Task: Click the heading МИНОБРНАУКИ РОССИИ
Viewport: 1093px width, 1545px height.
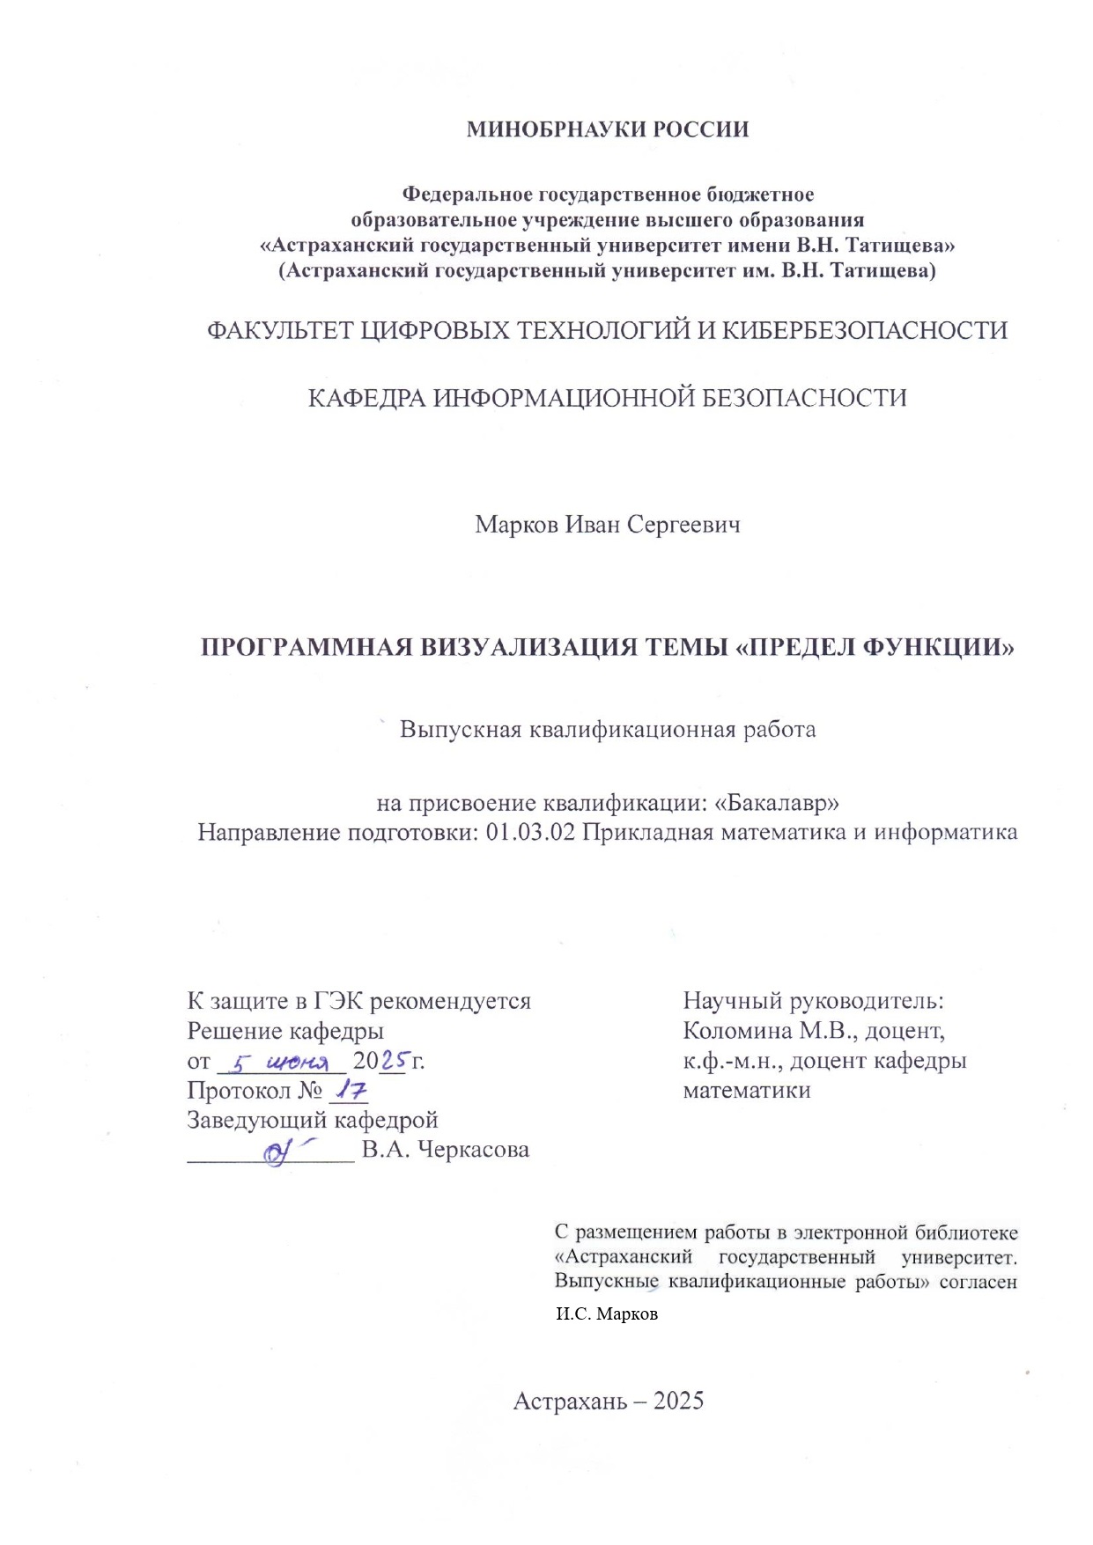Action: [x=607, y=129]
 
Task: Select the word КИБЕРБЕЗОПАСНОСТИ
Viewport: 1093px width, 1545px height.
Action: [x=865, y=331]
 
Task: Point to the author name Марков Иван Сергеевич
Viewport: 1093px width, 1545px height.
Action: [x=607, y=525]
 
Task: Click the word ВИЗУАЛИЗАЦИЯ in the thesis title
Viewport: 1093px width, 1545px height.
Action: [x=528, y=648]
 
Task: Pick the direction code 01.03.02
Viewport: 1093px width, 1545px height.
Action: [x=530, y=832]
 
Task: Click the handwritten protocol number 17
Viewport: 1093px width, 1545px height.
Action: [x=349, y=1091]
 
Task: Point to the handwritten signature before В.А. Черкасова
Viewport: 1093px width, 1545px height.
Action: [x=286, y=1151]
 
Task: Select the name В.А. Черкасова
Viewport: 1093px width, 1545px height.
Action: [x=446, y=1150]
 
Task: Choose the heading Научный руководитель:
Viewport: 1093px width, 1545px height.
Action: [x=813, y=1001]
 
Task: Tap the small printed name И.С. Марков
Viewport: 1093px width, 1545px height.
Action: [x=607, y=1314]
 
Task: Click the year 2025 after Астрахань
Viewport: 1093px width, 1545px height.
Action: [x=679, y=1402]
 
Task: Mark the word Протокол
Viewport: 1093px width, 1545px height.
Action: [x=239, y=1091]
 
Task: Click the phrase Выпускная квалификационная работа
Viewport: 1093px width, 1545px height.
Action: [x=607, y=730]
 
